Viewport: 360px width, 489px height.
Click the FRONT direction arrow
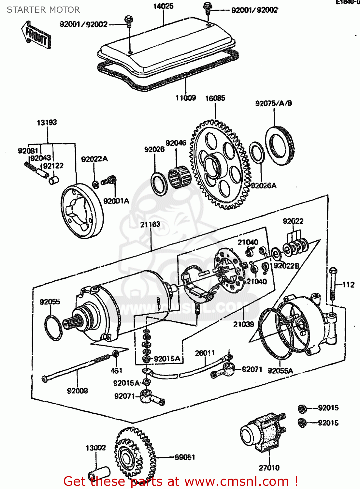[x=36, y=35]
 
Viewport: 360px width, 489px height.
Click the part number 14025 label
[x=163, y=6]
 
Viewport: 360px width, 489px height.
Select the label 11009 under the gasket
[x=186, y=98]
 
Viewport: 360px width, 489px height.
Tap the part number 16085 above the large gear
[x=215, y=98]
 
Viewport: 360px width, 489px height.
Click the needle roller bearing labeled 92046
[x=178, y=178]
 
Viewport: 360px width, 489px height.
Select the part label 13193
[x=47, y=123]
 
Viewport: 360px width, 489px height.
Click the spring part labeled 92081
[x=30, y=166]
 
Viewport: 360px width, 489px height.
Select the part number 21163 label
[x=150, y=224]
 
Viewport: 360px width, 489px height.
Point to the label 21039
[x=243, y=324]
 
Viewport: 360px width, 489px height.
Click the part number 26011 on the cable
[x=205, y=353]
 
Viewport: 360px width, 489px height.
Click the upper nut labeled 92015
[x=302, y=408]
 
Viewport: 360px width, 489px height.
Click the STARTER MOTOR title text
[x=43, y=10]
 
